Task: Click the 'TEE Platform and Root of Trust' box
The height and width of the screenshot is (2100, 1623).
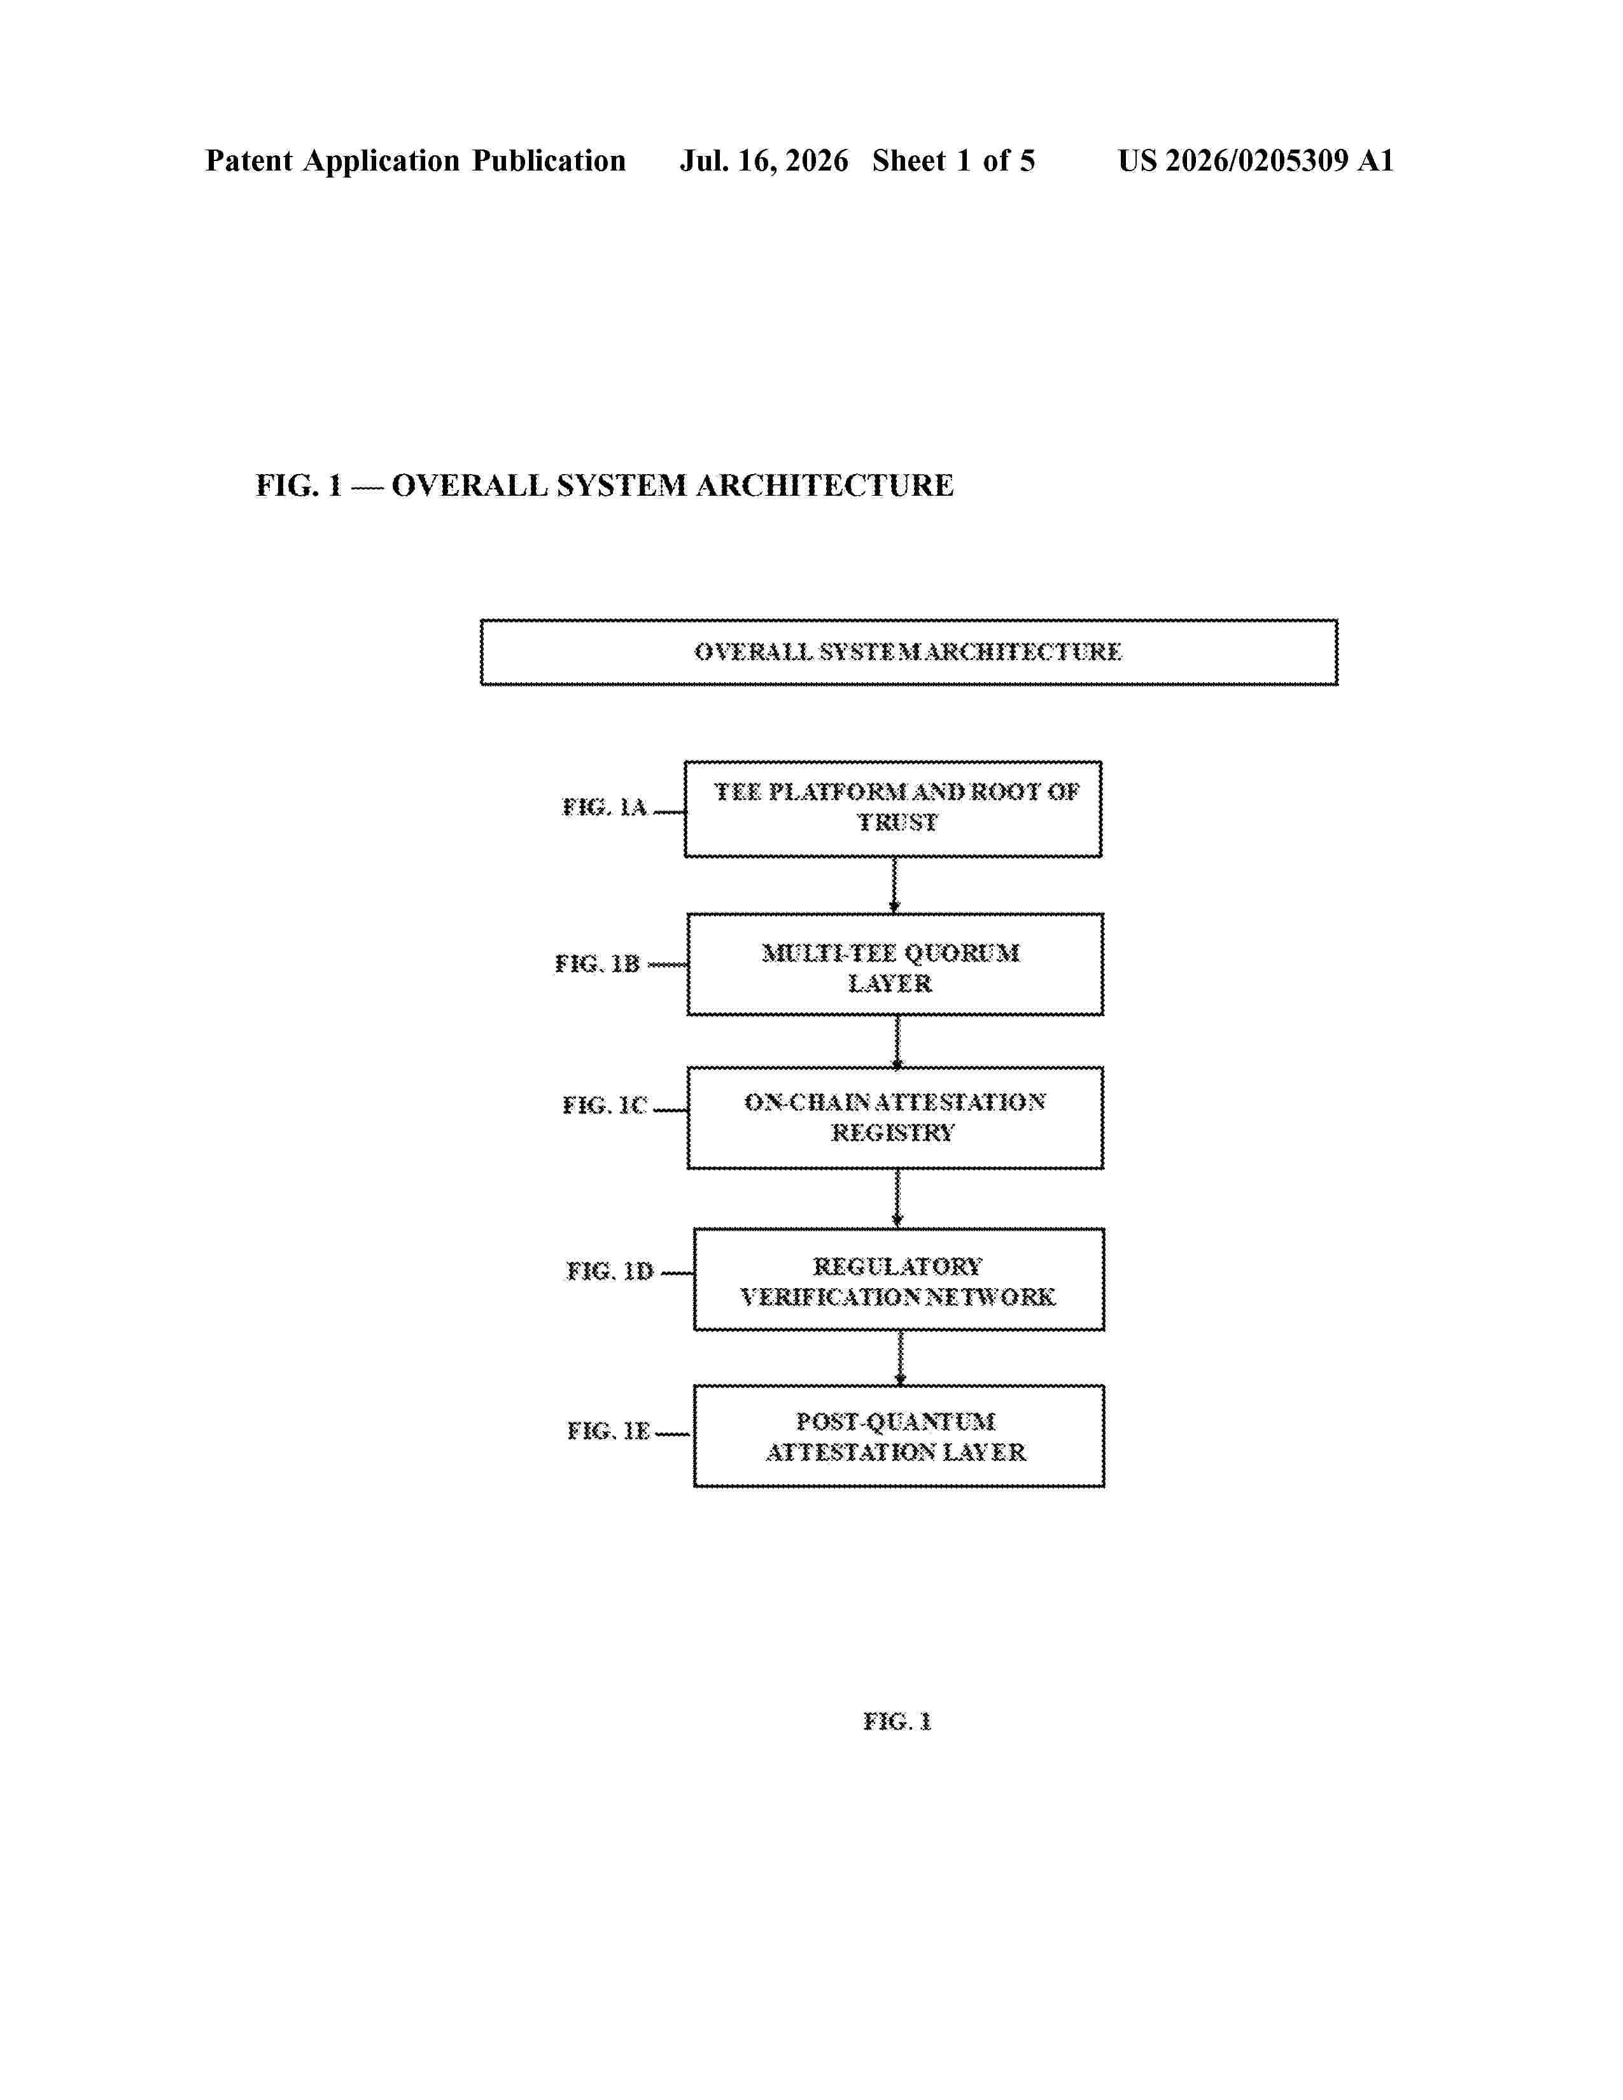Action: (892, 809)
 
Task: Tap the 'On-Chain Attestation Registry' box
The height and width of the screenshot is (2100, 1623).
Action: (894, 1117)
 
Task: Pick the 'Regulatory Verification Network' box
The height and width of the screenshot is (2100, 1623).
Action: (898, 1279)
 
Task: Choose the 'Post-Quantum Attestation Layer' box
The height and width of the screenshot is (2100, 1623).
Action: (898, 1436)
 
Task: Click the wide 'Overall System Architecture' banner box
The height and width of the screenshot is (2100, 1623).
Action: (909, 652)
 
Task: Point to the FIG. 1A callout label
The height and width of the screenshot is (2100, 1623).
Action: (605, 807)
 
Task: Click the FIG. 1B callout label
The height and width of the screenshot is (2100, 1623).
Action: (597, 963)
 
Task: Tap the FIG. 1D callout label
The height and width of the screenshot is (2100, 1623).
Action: (610, 1271)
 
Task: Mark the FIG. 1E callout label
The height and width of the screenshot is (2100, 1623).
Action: (608, 1431)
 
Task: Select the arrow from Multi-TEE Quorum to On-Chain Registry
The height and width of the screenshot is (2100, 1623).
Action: (897, 1041)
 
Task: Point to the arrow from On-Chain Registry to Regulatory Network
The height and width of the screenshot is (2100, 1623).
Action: (897, 1199)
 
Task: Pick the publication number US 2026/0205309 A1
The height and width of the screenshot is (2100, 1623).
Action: (1254, 160)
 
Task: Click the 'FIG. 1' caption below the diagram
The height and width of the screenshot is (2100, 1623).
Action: (897, 1721)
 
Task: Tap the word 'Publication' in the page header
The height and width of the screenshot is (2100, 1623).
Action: (548, 160)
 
